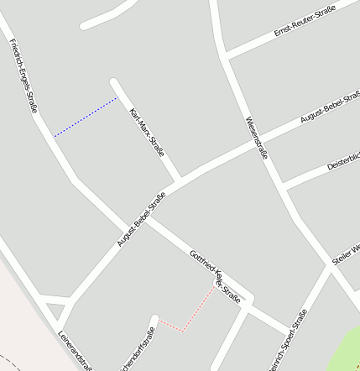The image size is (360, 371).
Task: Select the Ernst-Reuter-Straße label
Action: pos(305,21)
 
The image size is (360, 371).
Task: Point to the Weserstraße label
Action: pos(257,138)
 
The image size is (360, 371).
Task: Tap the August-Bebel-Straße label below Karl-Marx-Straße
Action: pos(141,221)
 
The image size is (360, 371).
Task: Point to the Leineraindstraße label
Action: pos(75,349)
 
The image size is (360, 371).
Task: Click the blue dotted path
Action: pos(86,117)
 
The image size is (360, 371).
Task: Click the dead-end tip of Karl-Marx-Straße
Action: pos(114,82)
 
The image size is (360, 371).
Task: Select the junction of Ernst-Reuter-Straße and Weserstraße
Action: pos(226,56)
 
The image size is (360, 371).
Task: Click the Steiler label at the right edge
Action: pos(345,254)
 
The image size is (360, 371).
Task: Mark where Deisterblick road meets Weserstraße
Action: pos(284,185)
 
